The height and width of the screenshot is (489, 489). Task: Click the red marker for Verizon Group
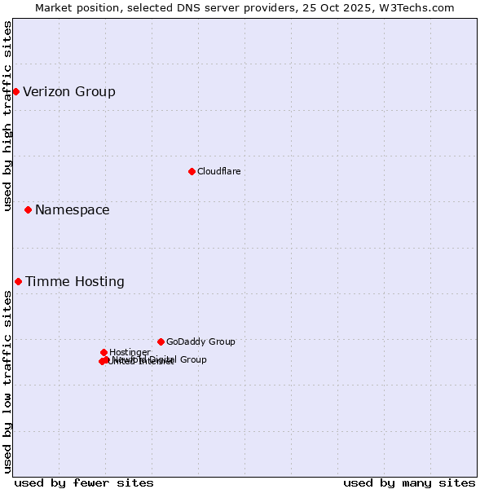point(15,91)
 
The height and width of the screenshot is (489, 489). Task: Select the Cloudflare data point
point(192,171)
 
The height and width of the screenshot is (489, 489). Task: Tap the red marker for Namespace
point(28,209)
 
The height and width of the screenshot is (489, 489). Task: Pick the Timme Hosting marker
point(18,281)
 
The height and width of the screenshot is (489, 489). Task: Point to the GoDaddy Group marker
point(161,341)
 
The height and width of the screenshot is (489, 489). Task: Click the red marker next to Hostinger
point(104,352)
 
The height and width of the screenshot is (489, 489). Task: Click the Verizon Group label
point(69,91)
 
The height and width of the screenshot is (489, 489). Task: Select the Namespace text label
point(72,209)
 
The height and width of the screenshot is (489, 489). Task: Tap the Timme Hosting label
point(75,281)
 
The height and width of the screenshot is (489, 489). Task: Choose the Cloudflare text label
point(218,171)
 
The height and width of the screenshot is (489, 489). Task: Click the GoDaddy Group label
point(200,341)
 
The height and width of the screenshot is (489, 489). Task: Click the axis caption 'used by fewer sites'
point(84,482)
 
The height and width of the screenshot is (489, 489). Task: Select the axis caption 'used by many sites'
point(409,482)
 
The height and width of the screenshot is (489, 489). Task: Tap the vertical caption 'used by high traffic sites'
point(8,116)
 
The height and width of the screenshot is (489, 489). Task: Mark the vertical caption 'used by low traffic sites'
point(8,381)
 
